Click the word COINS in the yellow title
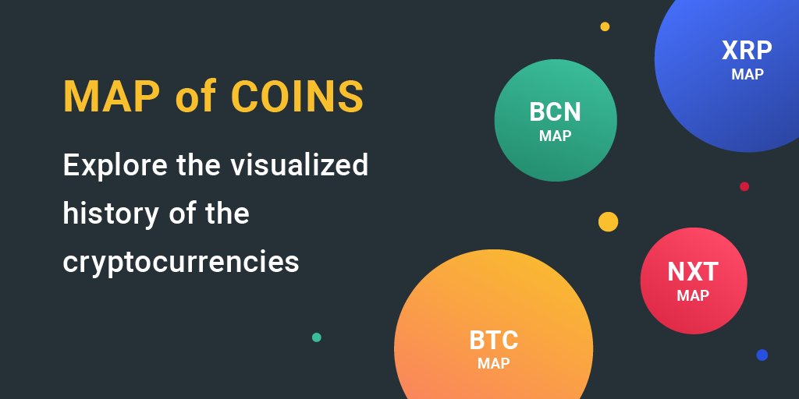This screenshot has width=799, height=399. point(297,96)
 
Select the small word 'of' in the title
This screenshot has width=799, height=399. point(195,95)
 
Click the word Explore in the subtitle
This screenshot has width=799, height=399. point(115,165)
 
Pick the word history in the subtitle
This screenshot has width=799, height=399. point(111,214)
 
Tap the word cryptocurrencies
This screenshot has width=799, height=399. point(181,262)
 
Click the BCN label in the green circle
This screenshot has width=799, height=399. point(555,112)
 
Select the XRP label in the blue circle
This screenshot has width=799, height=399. point(747,51)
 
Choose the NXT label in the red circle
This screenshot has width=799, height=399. point(693,272)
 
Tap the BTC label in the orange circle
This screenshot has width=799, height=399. point(493,341)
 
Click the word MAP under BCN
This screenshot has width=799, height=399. point(555,136)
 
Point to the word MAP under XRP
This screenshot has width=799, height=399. point(748,74)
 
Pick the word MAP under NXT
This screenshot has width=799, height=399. point(693,295)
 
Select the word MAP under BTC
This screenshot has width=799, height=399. point(493,363)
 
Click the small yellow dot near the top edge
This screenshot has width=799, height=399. point(605,26)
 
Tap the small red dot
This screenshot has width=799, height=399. point(744,186)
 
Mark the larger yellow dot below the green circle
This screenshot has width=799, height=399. point(608,222)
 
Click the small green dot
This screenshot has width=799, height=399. point(317,337)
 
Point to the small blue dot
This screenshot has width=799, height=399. point(762,355)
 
